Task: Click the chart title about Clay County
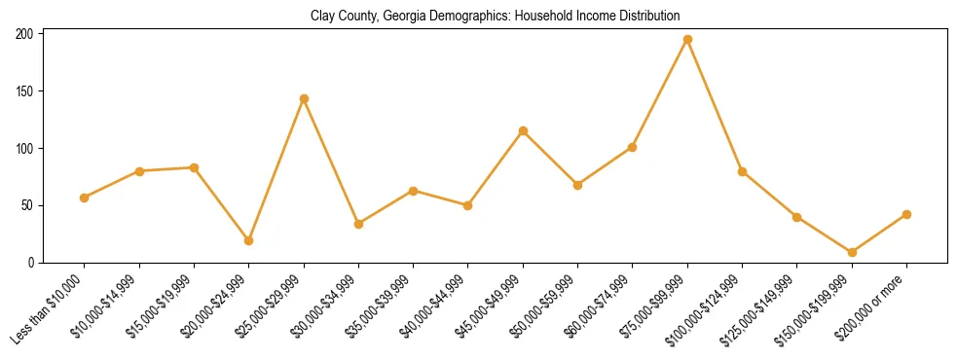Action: (x=495, y=17)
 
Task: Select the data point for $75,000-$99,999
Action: (x=687, y=40)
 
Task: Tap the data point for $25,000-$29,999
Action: (x=304, y=99)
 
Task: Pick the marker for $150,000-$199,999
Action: (x=852, y=252)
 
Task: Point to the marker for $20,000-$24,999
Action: (x=249, y=240)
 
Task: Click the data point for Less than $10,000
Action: (x=85, y=198)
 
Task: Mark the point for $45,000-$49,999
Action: (x=523, y=131)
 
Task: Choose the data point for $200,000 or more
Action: (x=906, y=214)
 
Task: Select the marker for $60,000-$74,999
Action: (x=633, y=147)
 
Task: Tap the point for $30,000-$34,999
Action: (x=358, y=224)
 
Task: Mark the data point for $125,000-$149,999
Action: (x=797, y=217)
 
